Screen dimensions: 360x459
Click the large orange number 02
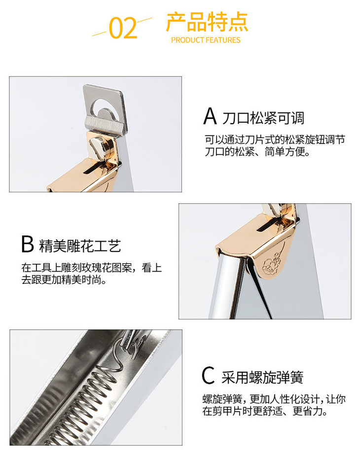123,28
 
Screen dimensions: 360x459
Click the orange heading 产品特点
207,22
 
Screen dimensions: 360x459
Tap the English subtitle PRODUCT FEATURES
206,40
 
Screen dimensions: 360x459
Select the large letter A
210,116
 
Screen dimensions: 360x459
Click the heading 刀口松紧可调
263,118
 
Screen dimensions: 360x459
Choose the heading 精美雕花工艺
80,246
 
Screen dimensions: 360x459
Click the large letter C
208,375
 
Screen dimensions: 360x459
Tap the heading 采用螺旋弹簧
262,377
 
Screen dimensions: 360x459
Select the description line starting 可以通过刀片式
275,140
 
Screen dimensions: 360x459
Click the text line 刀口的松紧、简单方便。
257,152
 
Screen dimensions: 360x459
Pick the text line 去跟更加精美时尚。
64,280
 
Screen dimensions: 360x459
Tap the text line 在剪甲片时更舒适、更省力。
265,411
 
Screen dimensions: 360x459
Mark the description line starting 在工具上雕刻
91,268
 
